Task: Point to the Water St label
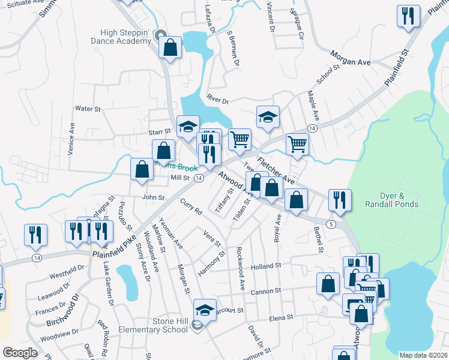click(87, 109)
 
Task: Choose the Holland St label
click(266, 265)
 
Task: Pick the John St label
click(153, 197)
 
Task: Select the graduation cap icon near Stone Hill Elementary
click(205, 310)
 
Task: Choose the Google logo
click(20, 353)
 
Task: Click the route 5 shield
click(331, 224)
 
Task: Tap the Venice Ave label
click(71, 139)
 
